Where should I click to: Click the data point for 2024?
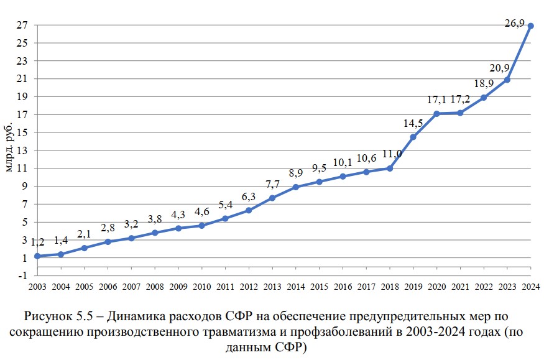531,26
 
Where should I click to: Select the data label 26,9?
515,24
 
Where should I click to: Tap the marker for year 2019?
413,137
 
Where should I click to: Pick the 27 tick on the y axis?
22,26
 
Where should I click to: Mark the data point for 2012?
248,210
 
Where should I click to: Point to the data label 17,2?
461,99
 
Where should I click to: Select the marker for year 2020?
436,114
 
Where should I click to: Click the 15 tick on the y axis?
22,133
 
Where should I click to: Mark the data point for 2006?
108,241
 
